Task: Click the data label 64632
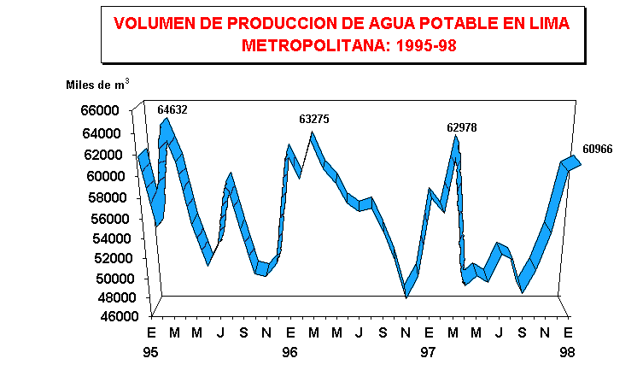(172, 109)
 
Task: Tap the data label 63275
(313, 119)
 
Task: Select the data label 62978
(462, 127)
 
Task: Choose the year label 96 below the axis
(290, 352)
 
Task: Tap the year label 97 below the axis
(429, 352)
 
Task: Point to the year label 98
(567, 352)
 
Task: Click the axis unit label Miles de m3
(97, 85)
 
